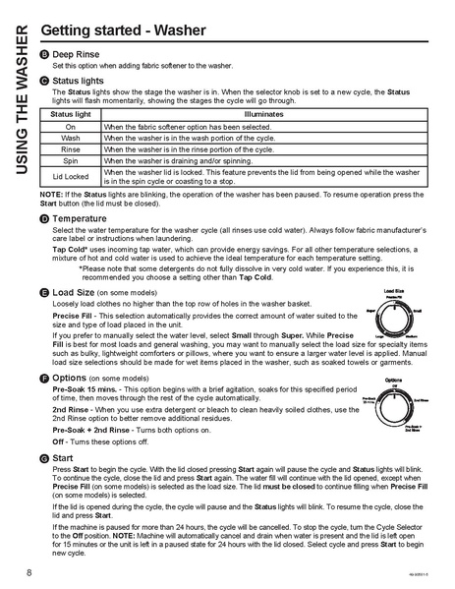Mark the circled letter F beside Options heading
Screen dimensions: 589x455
[x=45, y=377]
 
